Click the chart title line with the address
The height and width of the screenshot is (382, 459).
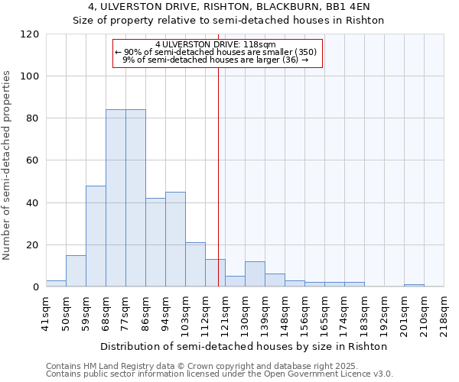228,7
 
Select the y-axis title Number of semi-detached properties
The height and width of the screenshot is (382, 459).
7,165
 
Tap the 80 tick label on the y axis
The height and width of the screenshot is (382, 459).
33,118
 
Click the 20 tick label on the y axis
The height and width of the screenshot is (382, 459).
33,245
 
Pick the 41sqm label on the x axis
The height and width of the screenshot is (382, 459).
46,311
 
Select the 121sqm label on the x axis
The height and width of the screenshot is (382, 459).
225,311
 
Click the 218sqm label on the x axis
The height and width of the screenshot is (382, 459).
444,311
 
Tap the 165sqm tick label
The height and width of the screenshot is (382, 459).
324,311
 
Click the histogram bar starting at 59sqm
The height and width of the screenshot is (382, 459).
96,236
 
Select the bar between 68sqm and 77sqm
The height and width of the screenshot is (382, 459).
116,198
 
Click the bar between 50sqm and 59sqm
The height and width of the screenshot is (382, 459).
76,270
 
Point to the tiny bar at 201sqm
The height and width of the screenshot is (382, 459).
414,285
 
